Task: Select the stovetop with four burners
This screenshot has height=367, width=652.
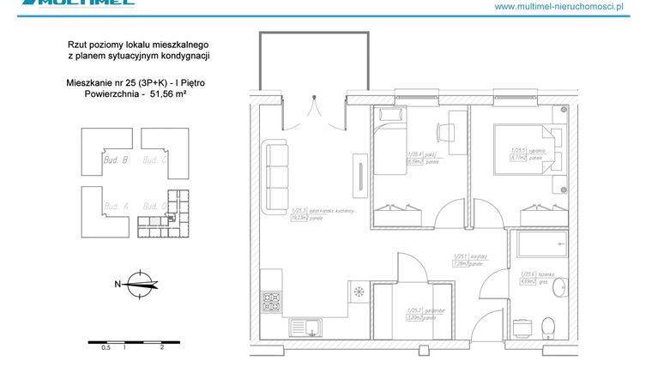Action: click(x=272, y=302)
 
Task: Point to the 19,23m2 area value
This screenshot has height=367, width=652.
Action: click(x=299, y=218)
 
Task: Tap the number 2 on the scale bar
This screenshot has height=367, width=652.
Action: click(x=161, y=348)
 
